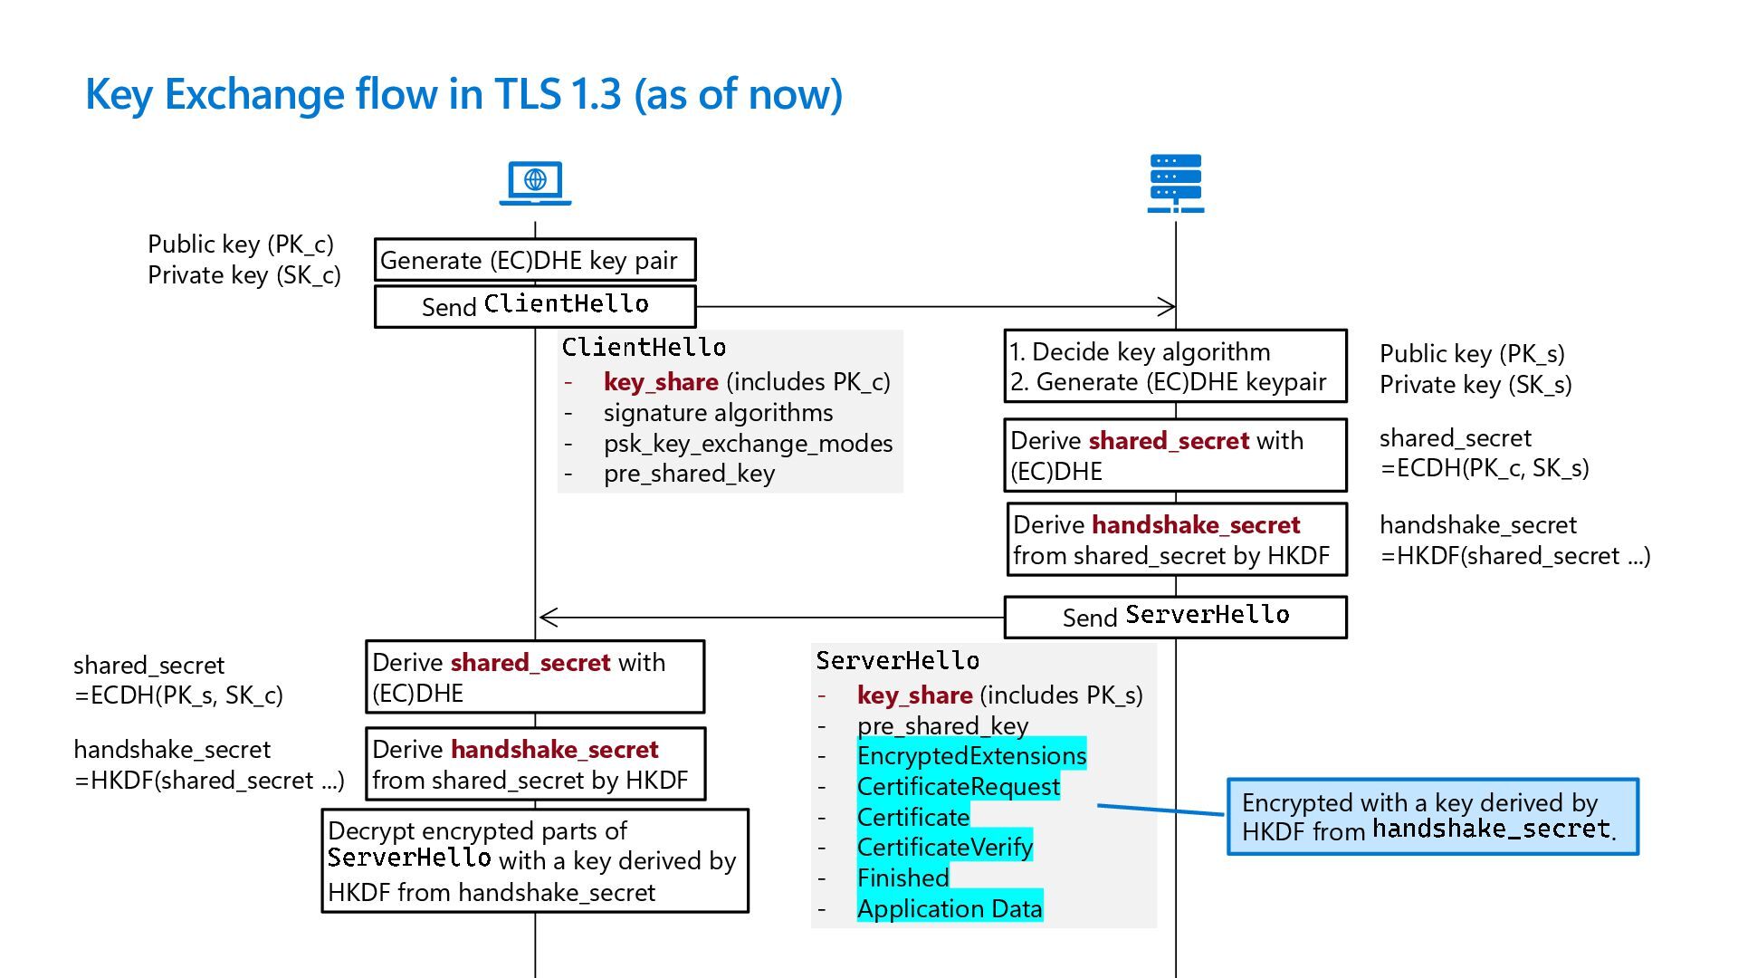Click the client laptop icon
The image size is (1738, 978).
click(x=535, y=182)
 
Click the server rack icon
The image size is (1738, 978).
click(x=1175, y=183)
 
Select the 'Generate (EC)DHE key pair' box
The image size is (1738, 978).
click(x=535, y=261)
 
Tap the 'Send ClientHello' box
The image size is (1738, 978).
click(x=535, y=306)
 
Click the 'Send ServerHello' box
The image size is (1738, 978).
click(x=1175, y=617)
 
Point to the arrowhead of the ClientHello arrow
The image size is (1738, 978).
click(x=1169, y=307)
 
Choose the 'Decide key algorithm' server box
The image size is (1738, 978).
click(x=1175, y=366)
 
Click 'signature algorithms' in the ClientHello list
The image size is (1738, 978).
click(x=718, y=413)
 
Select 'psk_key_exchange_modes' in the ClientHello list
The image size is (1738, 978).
click(x=748, y=444)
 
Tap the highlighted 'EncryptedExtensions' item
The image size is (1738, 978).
click(x=971, y=755)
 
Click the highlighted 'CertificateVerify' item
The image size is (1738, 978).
click(x=944, y=848)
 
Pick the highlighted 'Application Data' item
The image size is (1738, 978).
click(x=950, y=908)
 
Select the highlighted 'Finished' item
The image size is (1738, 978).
click(x=902, y=877)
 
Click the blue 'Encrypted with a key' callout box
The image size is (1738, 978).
click(x=1432, y=817)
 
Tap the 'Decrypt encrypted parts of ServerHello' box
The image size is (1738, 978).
click(x=535, y=860)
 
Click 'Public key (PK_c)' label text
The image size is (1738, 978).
click(x=241, y=244)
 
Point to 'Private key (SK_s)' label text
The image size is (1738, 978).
click(x=1475, y=385)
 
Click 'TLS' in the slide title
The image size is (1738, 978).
click(x=527, y=94)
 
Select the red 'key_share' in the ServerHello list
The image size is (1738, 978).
click(x=914, y=695)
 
